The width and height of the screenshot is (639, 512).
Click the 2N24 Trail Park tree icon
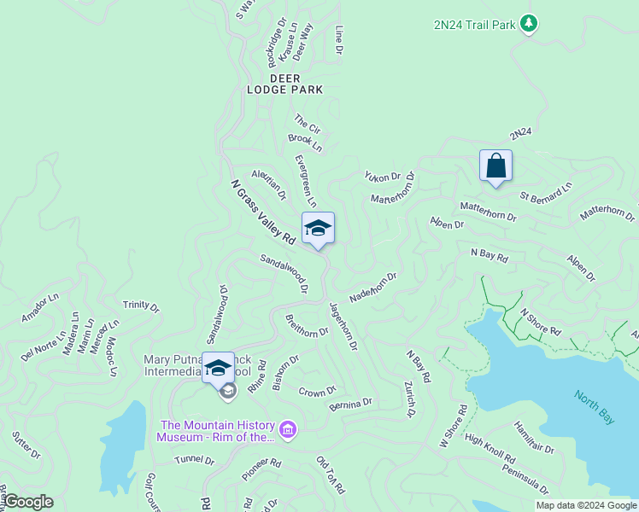530,23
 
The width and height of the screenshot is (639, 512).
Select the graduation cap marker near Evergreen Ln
318,229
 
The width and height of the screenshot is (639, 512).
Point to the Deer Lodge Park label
285,84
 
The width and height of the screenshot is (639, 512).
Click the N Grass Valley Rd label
263,212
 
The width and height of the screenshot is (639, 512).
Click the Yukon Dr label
382,177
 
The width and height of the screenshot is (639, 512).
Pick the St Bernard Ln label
546,189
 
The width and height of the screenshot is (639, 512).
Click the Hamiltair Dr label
533,437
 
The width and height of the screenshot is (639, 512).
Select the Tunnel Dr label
195,460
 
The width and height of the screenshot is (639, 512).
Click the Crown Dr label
318,393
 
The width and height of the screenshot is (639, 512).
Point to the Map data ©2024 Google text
586,505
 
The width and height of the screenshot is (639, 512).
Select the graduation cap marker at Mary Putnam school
218,368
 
